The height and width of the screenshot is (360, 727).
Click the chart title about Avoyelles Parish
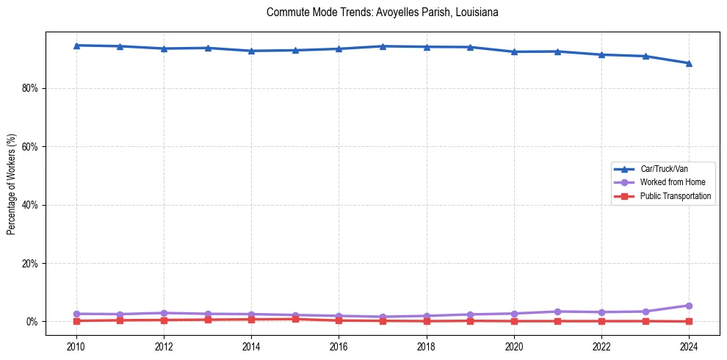[x=383, y=12]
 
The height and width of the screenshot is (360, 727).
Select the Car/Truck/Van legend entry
[x=664, y=169]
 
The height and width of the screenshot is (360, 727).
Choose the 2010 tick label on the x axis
[x=76, y=345]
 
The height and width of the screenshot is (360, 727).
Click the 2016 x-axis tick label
[x=339, y=345]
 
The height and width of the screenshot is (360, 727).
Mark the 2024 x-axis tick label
[x=689, y=345]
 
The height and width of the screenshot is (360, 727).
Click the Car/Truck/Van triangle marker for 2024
[x=689, y=63]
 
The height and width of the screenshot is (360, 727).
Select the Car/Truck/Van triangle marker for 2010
[x=76, y=46]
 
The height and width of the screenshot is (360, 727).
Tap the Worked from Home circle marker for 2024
[x=689, y=306]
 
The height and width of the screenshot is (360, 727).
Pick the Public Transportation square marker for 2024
[x=689, y=321]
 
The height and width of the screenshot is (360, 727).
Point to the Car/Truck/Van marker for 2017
[x=383, y=46]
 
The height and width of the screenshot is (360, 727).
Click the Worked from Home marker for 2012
[x=164, y=313]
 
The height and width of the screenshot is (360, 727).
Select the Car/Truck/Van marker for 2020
[x=514, y=51]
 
